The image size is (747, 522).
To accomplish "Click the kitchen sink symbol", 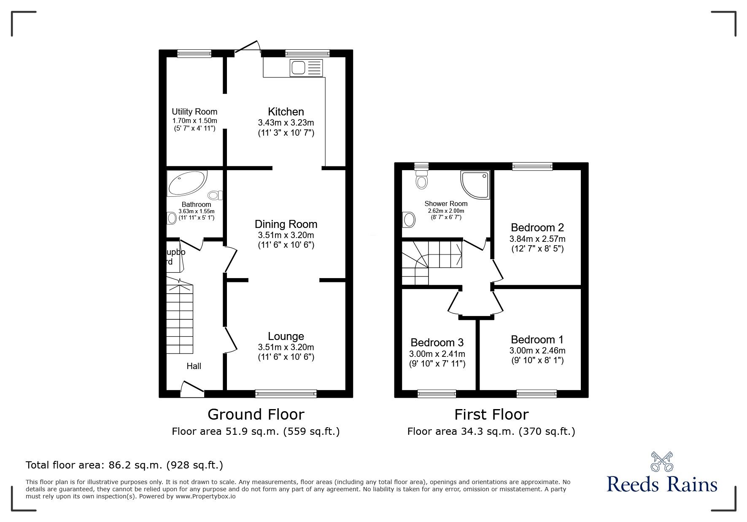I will coord(306,68).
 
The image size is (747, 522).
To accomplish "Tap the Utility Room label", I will coord(194,112).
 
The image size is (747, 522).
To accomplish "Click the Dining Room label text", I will coord(286,224).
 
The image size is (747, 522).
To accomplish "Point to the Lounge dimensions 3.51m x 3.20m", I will coord(286,347).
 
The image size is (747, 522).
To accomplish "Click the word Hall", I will coord(194,366).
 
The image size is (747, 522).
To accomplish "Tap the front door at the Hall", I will coord(192,388).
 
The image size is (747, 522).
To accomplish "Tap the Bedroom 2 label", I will coord(537,228).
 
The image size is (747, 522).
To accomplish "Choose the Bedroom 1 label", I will coord(537,340).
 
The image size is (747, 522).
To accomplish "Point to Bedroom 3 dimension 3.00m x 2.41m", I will coord(437,353).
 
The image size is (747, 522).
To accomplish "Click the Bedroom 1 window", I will coord(536,394).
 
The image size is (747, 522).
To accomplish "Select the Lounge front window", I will coord(286,394).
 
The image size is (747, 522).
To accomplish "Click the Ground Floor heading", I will coord(256,415).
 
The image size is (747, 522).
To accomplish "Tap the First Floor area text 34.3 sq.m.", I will coord(491,431).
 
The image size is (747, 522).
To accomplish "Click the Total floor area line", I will coord(124,465).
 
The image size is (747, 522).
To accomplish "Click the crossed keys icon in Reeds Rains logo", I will coord(662,462).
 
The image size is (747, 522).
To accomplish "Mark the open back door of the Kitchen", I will coord(246,47).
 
